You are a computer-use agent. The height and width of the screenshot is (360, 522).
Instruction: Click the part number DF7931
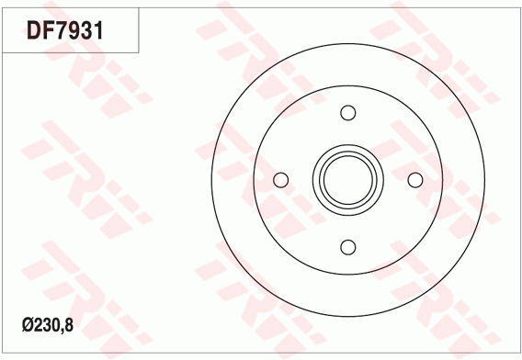(x=65, y=30)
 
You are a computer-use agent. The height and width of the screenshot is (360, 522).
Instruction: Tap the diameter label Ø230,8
(x=48, y=325)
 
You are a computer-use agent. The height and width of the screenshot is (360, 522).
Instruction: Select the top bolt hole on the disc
(x=348, y=113)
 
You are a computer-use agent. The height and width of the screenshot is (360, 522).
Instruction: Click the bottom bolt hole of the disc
(x=348, y=247)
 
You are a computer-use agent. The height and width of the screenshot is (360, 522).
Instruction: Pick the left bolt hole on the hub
(x=280, y=180)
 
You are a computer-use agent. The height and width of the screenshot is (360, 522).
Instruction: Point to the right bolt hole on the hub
(x=415, y=180)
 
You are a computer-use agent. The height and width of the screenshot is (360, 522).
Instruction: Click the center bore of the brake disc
(x=348, y=180)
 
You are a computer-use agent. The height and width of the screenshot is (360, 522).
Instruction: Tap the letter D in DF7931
(x=34, y=30)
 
